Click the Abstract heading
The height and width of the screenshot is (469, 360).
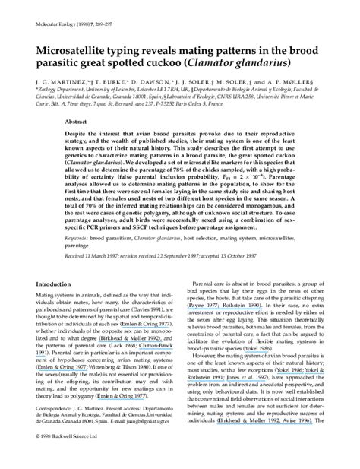pos(76,122)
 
